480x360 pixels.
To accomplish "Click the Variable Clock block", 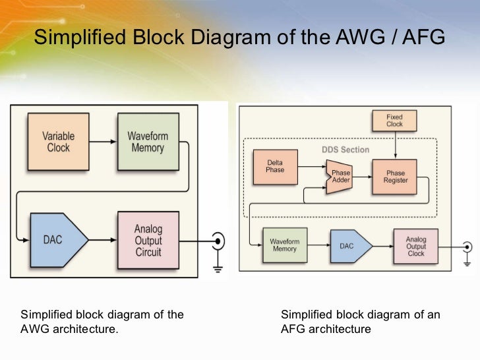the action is tap(59, 141).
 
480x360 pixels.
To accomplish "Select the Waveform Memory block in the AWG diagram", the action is tap(148, 141).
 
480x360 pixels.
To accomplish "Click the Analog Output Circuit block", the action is tap(148, 240).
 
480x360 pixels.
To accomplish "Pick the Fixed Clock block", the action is tap(394, 121).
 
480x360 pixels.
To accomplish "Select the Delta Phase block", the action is tap(276, 167).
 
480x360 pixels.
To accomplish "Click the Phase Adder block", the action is tap(340, 177).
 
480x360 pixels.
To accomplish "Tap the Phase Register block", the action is tap(394, 177).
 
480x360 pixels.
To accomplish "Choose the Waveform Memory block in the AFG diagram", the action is tap(285, 245).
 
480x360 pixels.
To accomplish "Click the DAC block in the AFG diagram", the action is tap(351, 246).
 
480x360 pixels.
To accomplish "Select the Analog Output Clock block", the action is tap(415, 246).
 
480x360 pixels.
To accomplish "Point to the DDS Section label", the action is tap(345, 150).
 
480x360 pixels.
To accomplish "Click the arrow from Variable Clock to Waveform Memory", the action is tap(103, 141).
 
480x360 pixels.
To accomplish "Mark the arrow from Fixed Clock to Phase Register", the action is tap(395, 145).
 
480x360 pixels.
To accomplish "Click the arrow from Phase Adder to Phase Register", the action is tap(363, 177).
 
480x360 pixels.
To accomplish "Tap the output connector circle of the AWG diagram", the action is tap(218, 241).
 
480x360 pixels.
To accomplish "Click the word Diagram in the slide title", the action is tap(231, 38).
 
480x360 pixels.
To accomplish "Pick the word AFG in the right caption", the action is tap(293, 329).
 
